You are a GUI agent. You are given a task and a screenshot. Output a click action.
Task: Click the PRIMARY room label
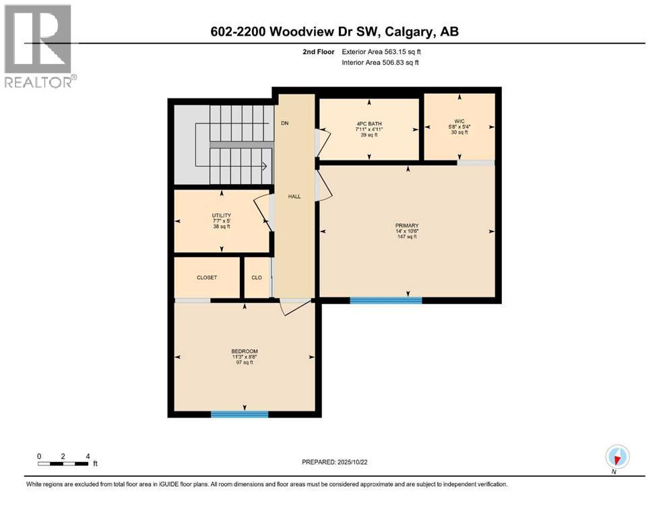(x=407, y=225)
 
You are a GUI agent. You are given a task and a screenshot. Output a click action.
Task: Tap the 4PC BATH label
(x=369, y=123)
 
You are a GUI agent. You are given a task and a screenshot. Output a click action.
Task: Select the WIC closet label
(x=459, y=121)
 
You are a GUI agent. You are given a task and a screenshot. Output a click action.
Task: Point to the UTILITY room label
(x=222, y=216)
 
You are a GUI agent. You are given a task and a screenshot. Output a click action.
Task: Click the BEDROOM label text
(x=244, y=351)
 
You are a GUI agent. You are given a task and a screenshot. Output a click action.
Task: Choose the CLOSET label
(x=207, y=277)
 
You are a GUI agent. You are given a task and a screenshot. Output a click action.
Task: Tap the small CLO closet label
(x=257, y=277)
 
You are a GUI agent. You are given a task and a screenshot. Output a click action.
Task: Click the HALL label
(x=294, y=196)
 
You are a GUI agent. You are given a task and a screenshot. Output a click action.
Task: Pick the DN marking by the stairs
(x=285, y=124)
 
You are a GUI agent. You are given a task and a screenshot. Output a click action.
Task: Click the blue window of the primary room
(x=385, y=300)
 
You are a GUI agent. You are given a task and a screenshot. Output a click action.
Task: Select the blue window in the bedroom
(x=239, y=414)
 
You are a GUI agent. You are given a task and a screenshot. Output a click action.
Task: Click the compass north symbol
(x=616, y=458)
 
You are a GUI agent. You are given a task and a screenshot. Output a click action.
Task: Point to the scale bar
(x=63, y=463)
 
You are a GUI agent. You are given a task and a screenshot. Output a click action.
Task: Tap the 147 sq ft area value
(x=407, y=237)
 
